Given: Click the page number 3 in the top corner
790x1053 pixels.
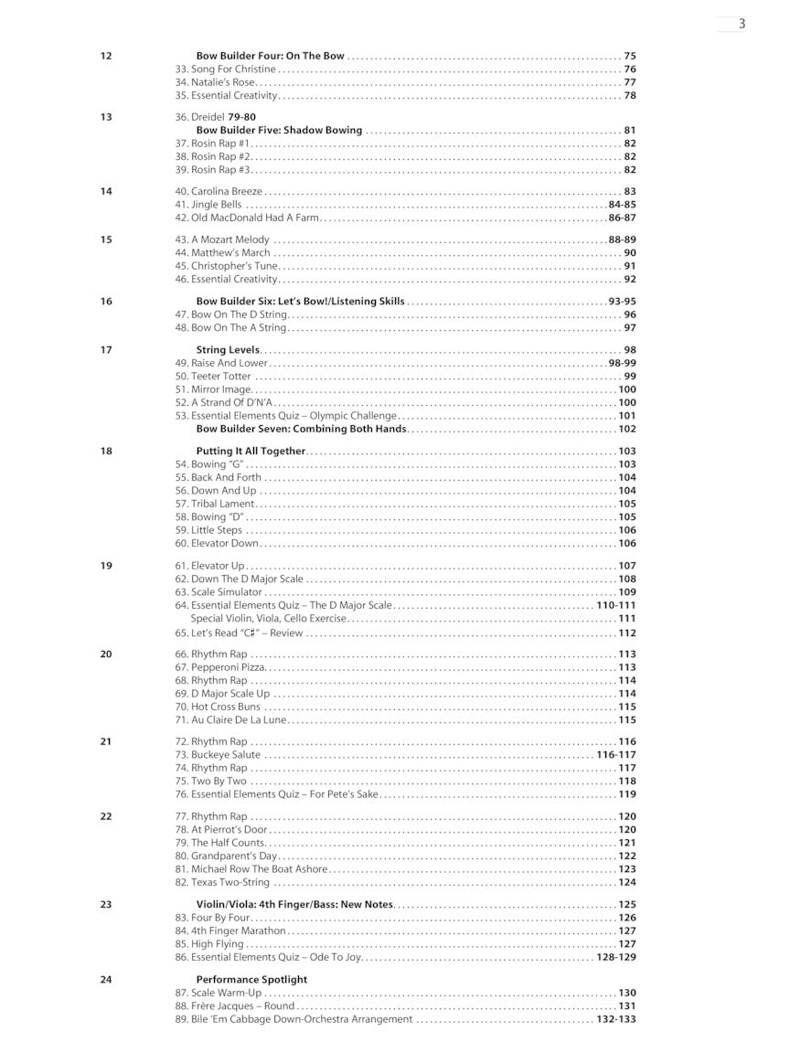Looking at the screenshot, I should click(x=742, y=24).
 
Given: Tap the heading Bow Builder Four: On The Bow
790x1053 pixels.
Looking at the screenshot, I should click(x=270, y=56).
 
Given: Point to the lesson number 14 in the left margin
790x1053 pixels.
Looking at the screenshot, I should click(x=106, y=192).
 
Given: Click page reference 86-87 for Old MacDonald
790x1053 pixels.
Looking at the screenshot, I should click(x=622, y=218).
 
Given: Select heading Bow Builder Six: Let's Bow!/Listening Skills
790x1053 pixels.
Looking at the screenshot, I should click(x=300, y=302).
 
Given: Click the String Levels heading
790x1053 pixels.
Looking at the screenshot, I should click(x=228, y=350).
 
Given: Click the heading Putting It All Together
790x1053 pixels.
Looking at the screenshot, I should click(x=251, y=452).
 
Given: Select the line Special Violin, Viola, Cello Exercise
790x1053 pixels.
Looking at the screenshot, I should click(x=268, y=619).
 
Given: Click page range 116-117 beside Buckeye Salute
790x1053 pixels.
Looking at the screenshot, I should click(x=615, y=755).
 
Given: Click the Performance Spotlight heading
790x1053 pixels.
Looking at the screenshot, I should click(x=251, y=980).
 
